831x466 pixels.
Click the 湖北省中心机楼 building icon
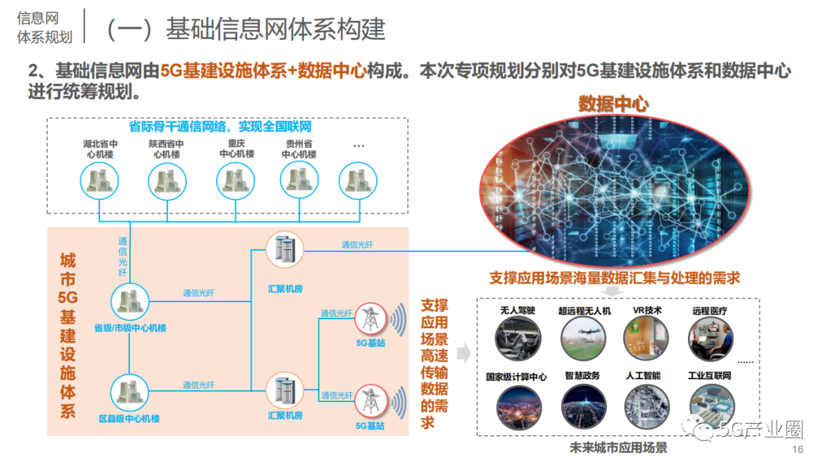point(101,181)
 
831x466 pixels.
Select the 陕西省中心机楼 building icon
point(167,181)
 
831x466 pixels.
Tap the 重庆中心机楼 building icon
point(235,181)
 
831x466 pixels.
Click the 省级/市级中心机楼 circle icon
point(130,302)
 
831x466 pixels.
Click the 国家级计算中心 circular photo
point(518,405)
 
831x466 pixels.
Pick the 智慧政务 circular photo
point(584,405)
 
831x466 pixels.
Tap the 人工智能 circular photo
point(646,405)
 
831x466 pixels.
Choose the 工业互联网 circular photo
point(709,405)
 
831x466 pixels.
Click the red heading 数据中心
point(613,104)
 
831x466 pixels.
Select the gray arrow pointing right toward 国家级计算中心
point(463,354)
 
